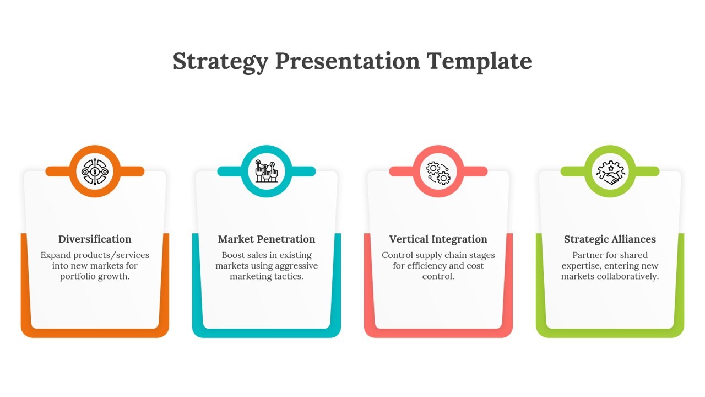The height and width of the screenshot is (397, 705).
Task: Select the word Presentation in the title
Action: pos(348,61)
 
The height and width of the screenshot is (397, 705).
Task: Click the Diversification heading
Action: pos(95,239)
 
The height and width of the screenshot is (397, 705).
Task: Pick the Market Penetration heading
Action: pos(267,239)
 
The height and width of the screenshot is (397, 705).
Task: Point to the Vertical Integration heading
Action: pos(438,239)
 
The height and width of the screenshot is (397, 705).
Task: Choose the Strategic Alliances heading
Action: pos(610,239)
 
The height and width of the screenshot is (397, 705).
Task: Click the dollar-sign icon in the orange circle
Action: pos(95,171)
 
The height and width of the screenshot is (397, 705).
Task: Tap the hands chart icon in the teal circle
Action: pos(267,171)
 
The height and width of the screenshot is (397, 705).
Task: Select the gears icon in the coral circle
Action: pos(438,171)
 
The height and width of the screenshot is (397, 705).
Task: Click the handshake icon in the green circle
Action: pos(610,171)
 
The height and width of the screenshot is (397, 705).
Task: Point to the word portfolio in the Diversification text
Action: pos(78,276)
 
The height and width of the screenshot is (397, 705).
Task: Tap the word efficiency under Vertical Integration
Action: pos(426,266)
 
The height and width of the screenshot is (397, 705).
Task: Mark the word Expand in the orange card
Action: pos(55,255)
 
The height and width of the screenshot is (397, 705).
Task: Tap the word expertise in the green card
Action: pos(581,266)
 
